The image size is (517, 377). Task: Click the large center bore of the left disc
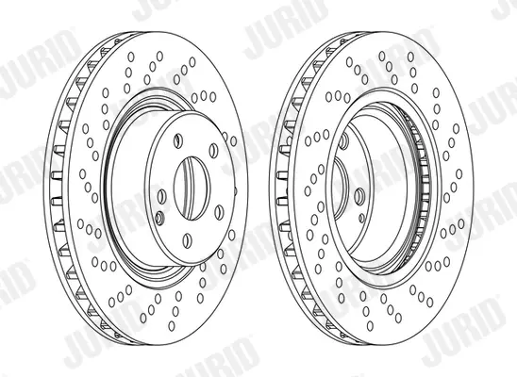coord(192,188)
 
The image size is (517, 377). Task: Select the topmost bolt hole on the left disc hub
coord(178,141)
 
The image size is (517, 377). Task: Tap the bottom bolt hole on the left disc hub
coord(188,240)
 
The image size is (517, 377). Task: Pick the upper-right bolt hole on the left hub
coord(213,150)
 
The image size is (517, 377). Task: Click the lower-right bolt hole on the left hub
coord(219,212)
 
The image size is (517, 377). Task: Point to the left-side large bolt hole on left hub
coord(161,197)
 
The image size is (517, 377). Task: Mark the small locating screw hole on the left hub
coord(159,219)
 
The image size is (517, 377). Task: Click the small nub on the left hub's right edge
coord(236,191)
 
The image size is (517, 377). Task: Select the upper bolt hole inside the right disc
coord(343,141)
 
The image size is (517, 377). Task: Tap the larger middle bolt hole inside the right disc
coord(359,197)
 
